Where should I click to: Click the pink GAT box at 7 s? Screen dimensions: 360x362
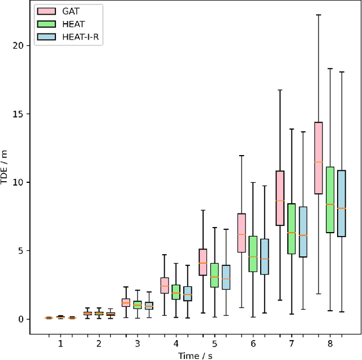[280, 198]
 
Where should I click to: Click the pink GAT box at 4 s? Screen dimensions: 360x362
[165, 285]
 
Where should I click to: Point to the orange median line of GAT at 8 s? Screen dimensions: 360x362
[318, 162]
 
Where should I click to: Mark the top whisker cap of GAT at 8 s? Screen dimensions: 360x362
[318, 15]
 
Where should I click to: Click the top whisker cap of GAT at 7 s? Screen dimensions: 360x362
[280, 89]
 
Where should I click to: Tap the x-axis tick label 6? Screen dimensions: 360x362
[253, 344]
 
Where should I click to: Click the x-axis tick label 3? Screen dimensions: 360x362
[137, 344]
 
